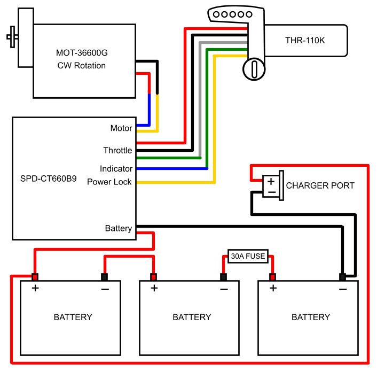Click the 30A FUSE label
tap(247, 256)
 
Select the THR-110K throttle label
tap(305, 40)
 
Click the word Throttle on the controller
tap(117, 150)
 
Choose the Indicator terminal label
tap(116, 169)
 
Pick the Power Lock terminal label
tap(109, 182)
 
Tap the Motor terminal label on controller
tap(121, 128)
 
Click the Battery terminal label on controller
tap(119, 228)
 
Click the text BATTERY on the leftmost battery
tap(73, 317)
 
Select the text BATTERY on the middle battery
tap(192, 317)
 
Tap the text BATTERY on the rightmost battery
tap(311, 317)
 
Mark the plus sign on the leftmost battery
tap(35, 289)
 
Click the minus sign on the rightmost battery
tap(342, 289)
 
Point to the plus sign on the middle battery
tap(154, 289)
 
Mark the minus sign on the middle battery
tap(224, 289)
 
